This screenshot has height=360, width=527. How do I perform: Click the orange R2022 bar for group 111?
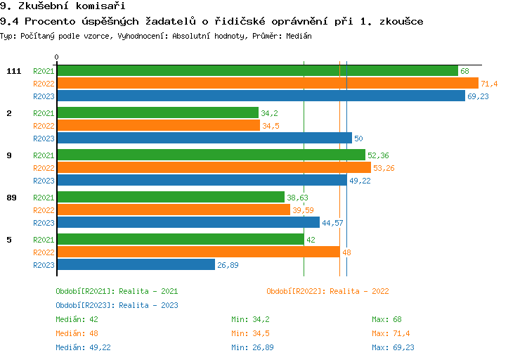pos(267,84)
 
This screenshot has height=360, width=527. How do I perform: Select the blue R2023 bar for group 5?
pos(136,265)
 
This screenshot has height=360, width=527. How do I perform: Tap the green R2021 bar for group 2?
pos(157,113)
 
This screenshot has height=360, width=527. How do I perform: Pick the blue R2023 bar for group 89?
pos(188,223)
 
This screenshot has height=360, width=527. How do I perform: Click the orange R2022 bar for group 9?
pos(214,168)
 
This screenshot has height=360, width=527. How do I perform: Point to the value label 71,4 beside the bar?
pos(489,84)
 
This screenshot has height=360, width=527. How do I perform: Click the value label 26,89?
pos(228,265)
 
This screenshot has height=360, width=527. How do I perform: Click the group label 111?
pos(13,71)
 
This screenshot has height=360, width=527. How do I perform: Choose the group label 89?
pos(11,198)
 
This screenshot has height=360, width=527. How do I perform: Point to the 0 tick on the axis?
pos(57,57)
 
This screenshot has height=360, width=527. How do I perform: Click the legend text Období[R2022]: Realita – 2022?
pos(327,291)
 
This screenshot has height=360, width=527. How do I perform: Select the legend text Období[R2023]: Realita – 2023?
pos(117,305)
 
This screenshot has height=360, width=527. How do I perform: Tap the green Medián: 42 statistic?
pos(76,319)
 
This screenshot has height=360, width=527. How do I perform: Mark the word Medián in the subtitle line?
pos(297,35)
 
